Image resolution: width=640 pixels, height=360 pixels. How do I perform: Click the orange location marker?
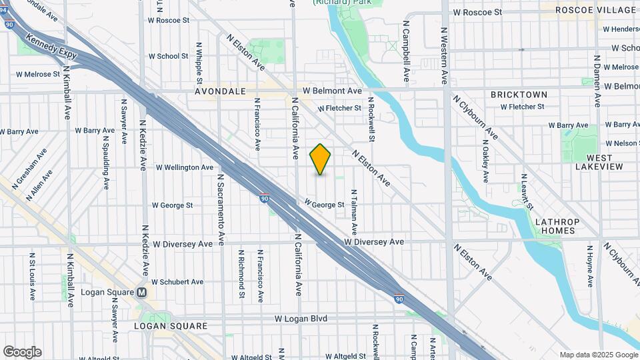coord(321,159)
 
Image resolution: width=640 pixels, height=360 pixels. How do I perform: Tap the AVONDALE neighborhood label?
coord(221,91)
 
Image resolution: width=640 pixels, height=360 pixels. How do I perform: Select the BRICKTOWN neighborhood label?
coord(519,95)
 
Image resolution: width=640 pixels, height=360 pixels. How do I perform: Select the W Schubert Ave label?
coord(177,282)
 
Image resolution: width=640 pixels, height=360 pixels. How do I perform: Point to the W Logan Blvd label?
coord(301,319)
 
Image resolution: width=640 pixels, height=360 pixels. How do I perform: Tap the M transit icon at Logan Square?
coord(141,293)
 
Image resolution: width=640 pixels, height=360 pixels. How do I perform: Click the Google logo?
coord(22,351)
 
